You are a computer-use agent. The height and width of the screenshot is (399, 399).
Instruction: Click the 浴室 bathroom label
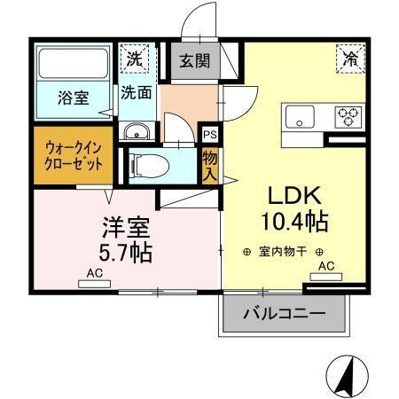coord(74,98)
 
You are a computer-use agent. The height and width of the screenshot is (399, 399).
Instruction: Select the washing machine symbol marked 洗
coord(134,60)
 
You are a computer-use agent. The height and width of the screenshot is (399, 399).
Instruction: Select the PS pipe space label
coord(210,135)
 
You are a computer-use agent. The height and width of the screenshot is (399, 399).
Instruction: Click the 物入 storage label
coord(210,164)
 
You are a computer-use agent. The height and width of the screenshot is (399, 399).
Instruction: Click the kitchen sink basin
coord(299,114)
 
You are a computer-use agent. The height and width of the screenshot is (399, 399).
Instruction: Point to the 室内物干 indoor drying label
coord(283,252)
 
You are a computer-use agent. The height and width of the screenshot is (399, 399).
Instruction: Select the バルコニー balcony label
coord(284,314)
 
